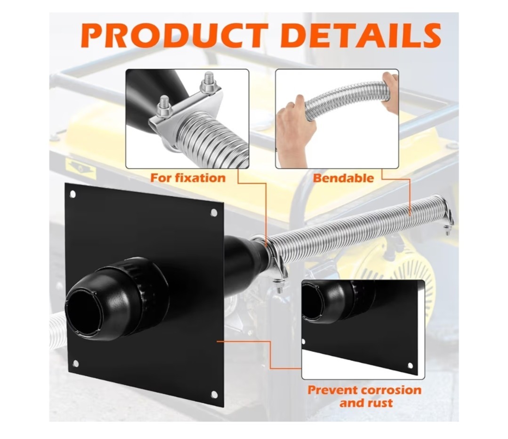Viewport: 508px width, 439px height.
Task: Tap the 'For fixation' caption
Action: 188,178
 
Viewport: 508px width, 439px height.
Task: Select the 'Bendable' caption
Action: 343,178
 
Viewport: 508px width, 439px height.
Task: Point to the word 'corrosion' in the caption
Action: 391,390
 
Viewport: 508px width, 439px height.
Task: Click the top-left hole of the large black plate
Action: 73,194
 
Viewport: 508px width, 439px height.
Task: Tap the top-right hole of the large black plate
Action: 214,213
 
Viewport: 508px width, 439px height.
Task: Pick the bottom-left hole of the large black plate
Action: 76,363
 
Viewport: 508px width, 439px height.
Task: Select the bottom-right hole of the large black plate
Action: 214,394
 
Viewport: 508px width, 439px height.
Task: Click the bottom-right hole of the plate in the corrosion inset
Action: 410,366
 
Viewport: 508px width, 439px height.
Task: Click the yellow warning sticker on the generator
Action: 81,167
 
